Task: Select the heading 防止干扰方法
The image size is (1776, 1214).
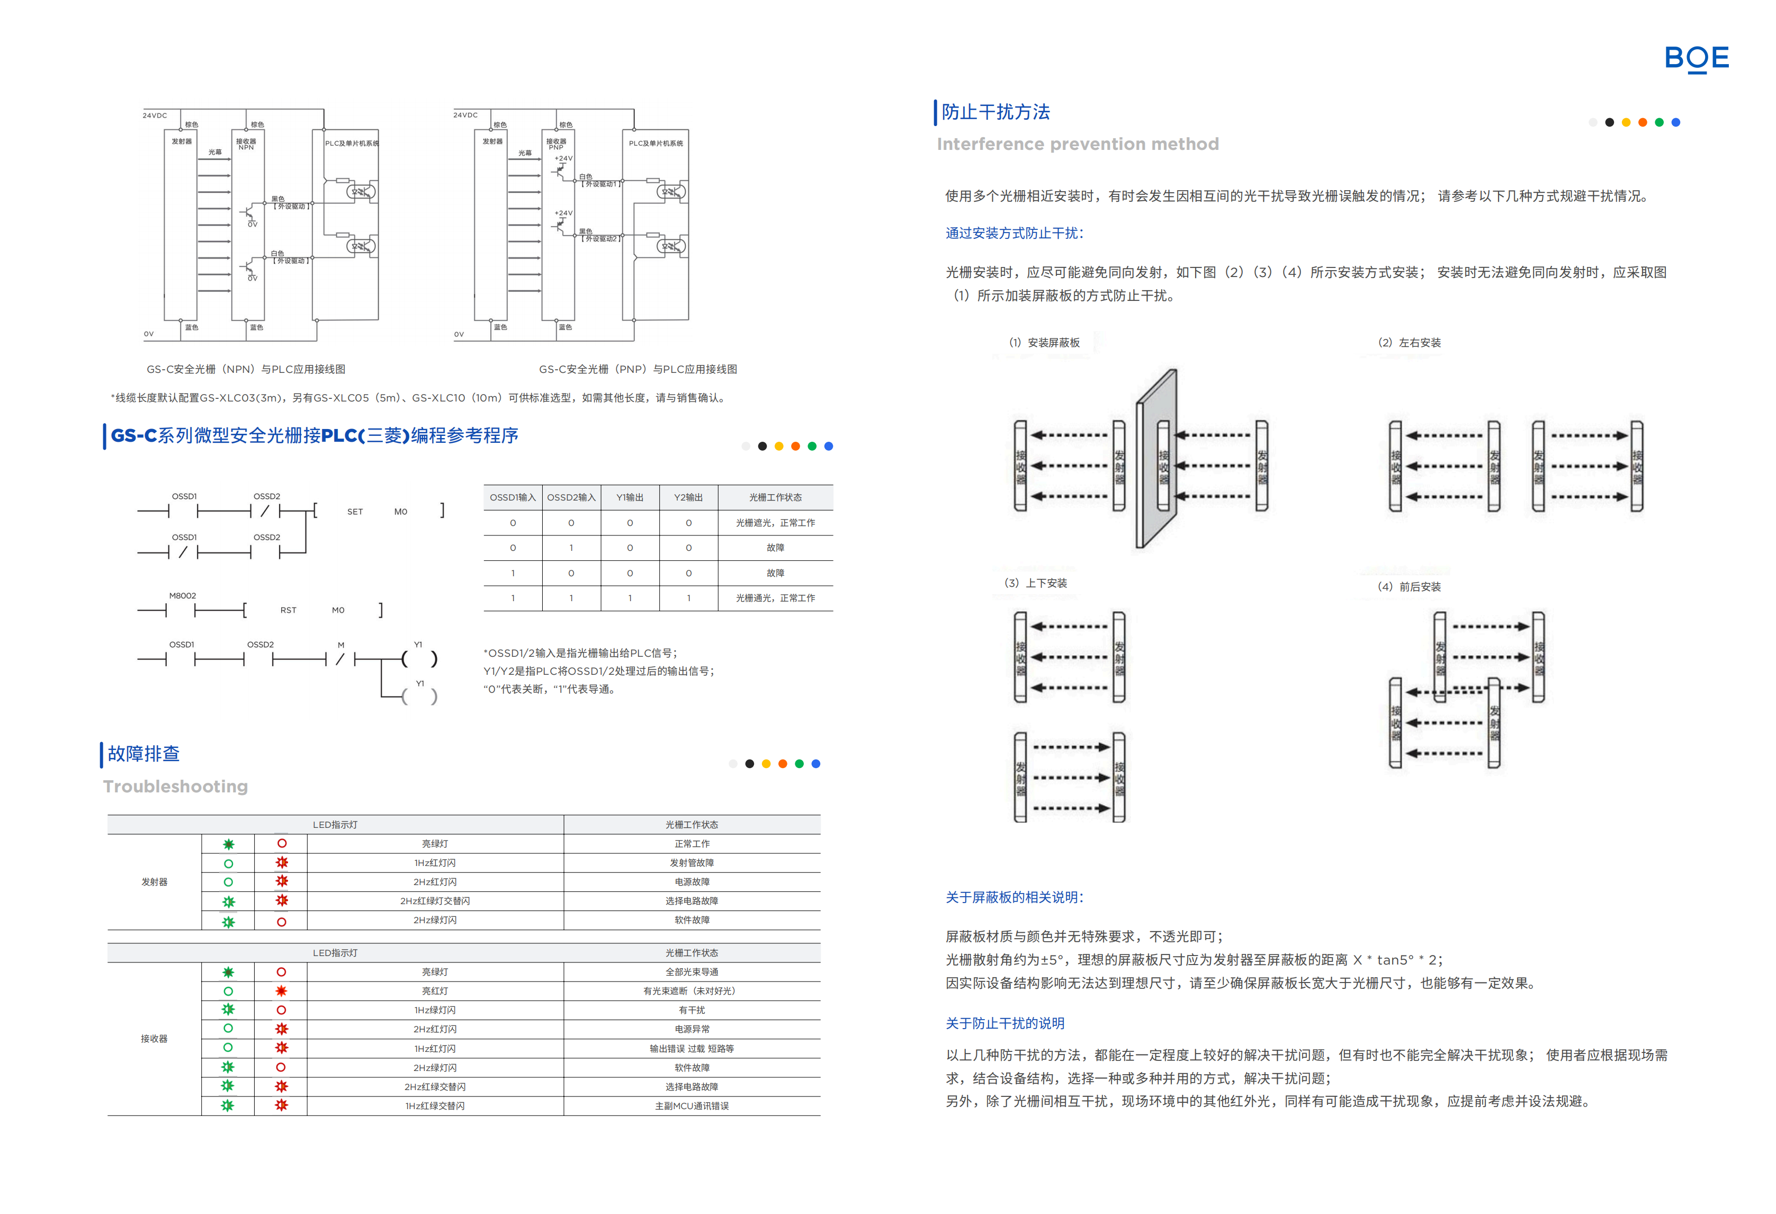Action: pyautogui.click(x=995, y=112)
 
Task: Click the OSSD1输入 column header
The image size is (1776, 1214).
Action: pyautogui.click(x=512, y=498)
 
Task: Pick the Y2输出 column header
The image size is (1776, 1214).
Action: pyautogui.click(x=688, y=498)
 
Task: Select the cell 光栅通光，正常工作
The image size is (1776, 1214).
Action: pyautogui.click(x=775, y=598)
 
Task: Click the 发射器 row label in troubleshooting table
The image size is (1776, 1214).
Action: pyautogui.click(x=155, y=881)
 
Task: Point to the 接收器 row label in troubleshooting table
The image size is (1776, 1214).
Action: pyautogui.click(x=155, y=1038)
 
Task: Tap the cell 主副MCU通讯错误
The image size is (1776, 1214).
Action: pyautogui.click(x=692, y=1105)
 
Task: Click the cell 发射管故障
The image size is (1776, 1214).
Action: pyautogui.click(x=692, y=862)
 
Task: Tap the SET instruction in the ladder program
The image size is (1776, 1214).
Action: pyautogui.click(x=355, y=512)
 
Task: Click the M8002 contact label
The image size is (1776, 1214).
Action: pyautogui.click(x=183, y=595)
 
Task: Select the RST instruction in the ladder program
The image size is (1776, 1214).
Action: pyautogui.click(x=288, y=610)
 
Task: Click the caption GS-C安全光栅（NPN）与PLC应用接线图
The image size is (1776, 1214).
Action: pyautogui.click(x=246, y=369)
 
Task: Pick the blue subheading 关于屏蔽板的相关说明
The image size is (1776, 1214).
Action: pyautogui.click(x=1014, y=897)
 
